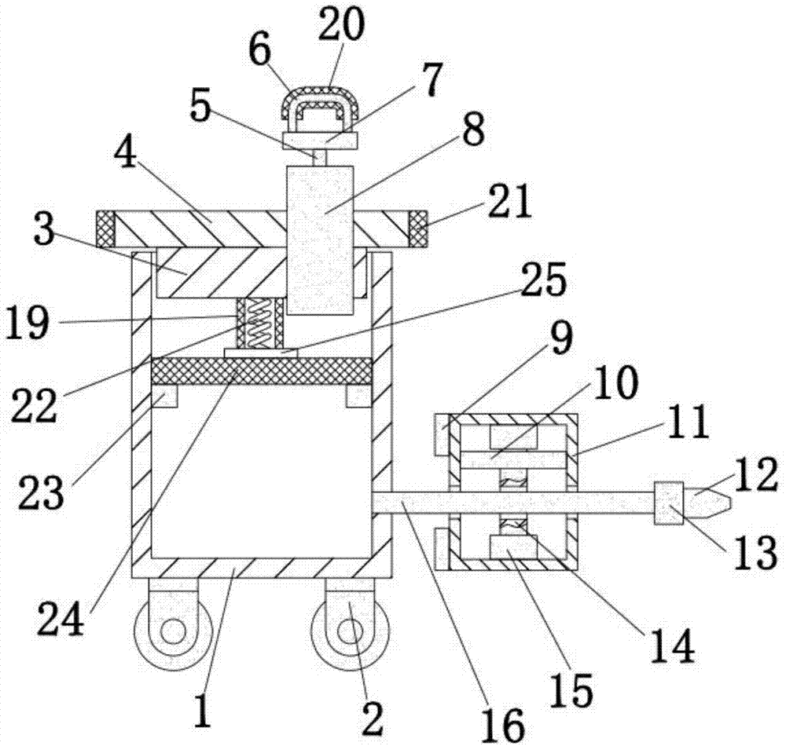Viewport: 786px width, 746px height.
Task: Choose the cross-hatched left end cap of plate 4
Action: (105, 229)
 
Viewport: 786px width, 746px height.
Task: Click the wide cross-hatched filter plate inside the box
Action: (260, 371)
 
